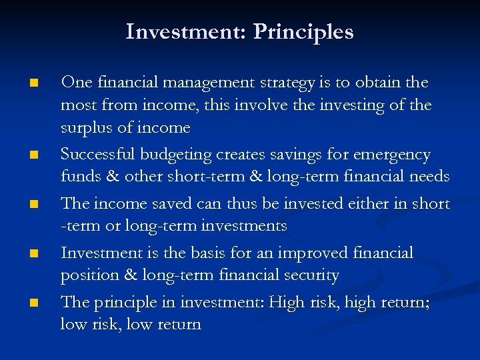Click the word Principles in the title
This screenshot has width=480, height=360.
tap(303, 32)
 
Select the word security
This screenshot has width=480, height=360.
tap(312, 275)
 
